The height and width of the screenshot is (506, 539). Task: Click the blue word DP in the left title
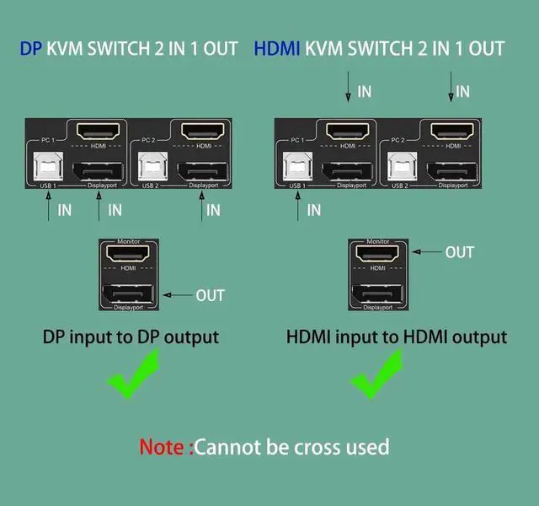(30, 49)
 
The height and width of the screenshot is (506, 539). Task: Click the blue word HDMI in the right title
(277, 49)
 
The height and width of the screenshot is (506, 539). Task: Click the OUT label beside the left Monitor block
(210, 295)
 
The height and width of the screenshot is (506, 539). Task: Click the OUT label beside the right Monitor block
(459, 252)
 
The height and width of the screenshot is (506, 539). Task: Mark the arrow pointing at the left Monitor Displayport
(179, 295)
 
